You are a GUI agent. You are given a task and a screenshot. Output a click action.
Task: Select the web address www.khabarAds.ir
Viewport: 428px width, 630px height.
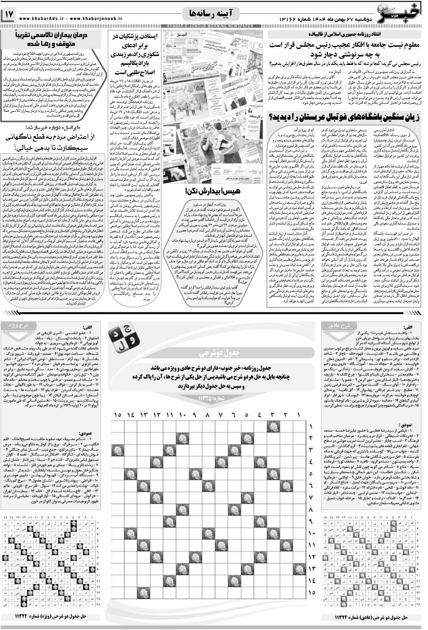point(42,18)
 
